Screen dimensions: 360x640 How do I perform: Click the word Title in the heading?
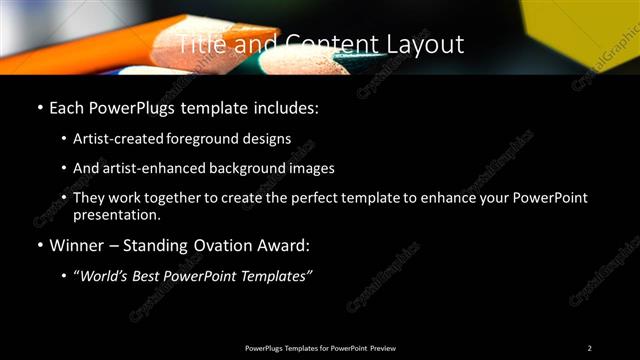202,45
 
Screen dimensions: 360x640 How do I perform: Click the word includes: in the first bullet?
284,106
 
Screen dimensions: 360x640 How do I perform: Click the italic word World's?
102,275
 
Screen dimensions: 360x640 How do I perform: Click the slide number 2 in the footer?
590,347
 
